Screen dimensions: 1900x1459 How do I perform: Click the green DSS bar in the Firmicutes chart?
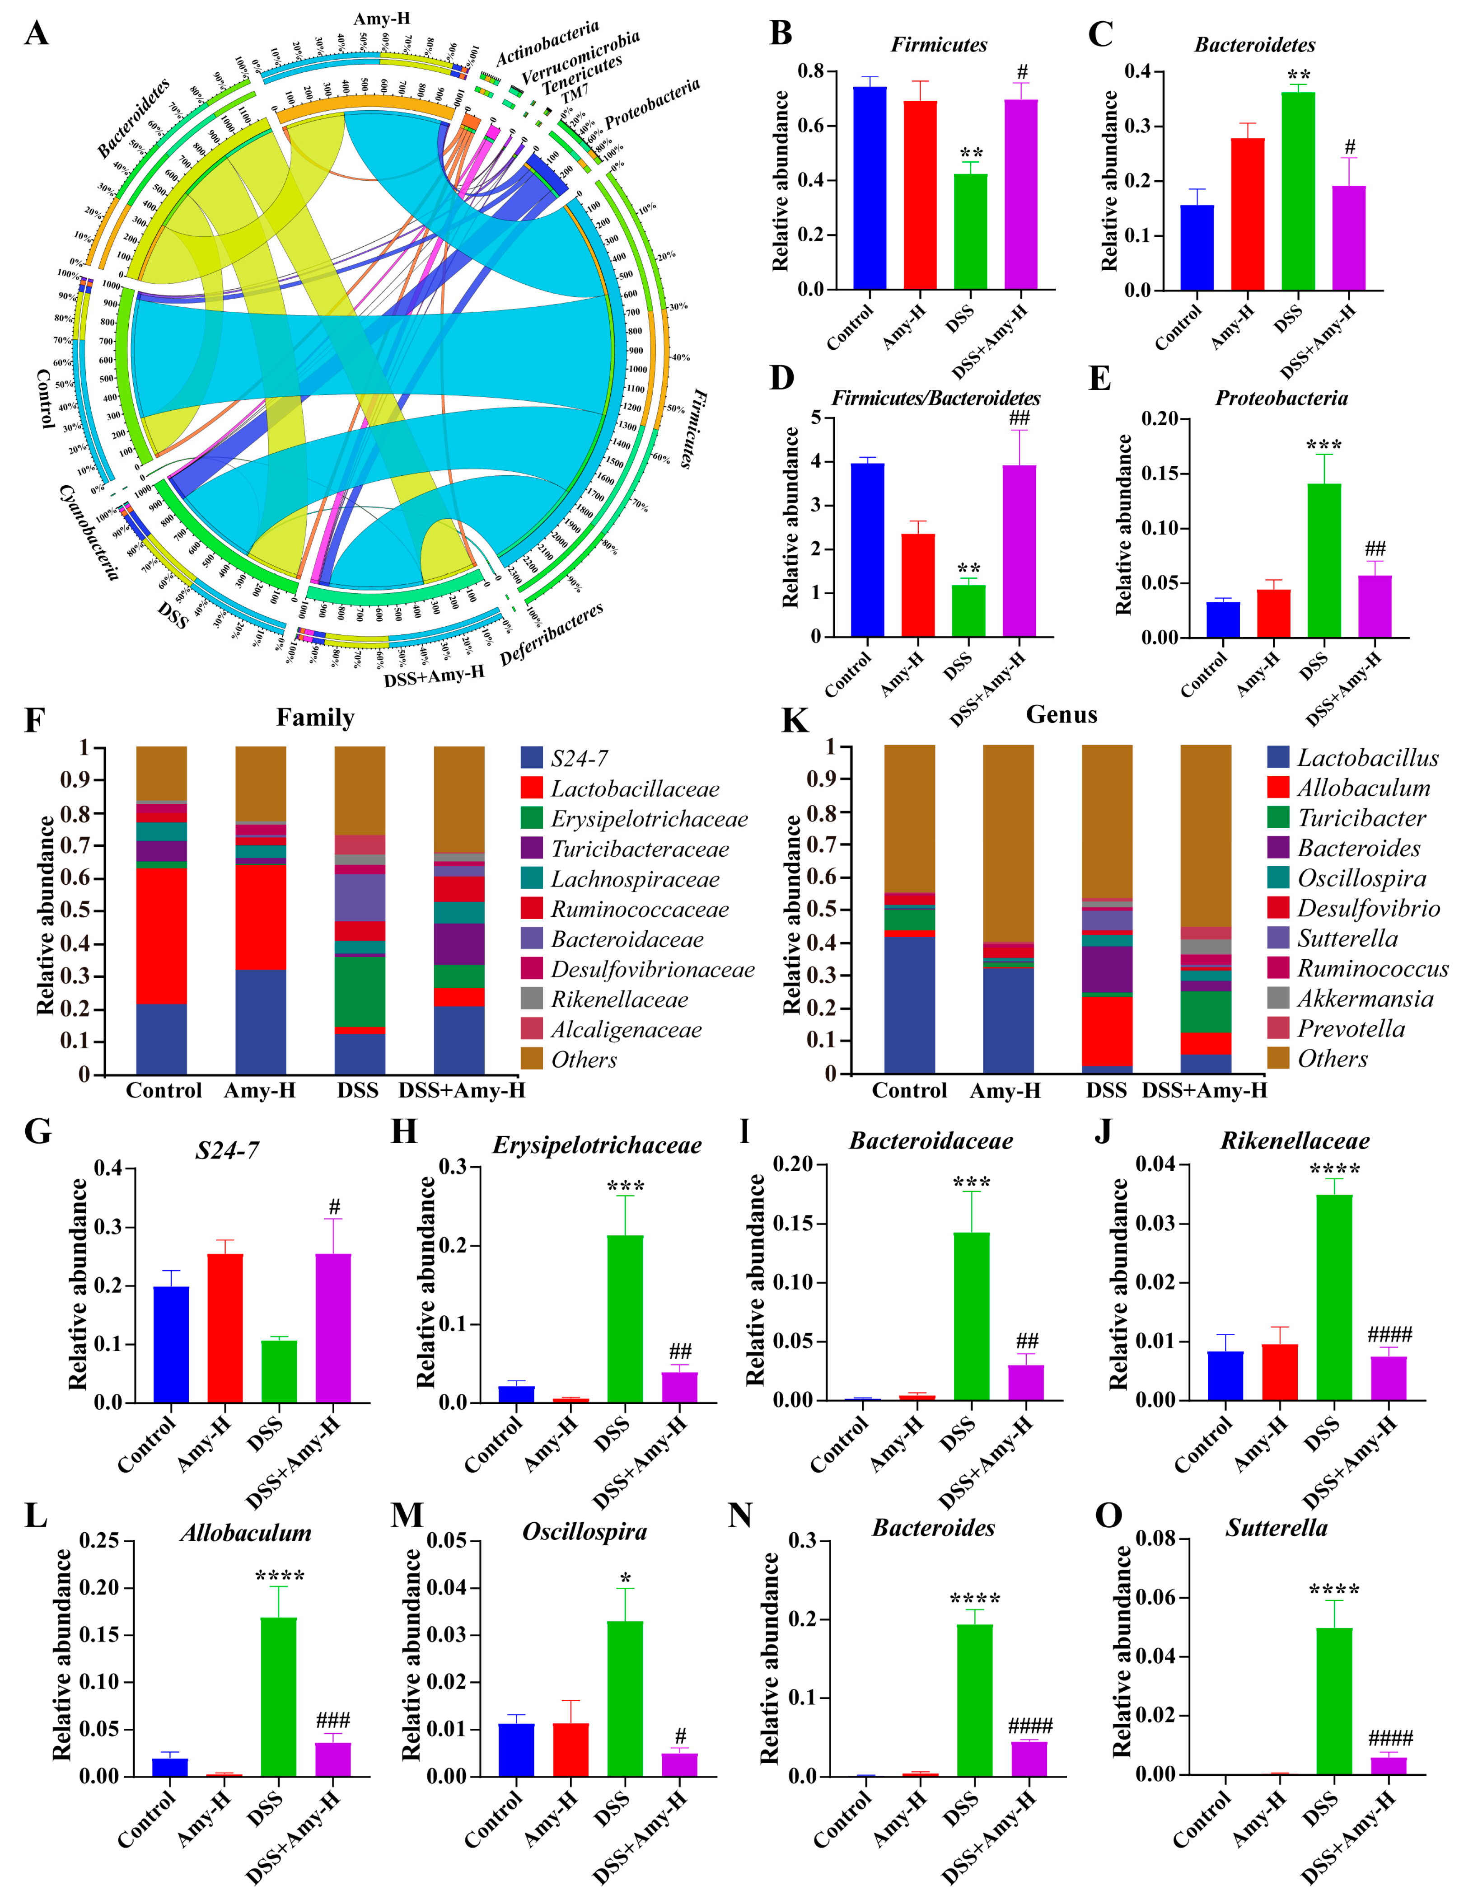click(970, 231)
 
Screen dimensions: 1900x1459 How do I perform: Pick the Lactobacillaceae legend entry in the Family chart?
click(634, 789)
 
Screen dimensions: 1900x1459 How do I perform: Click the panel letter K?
click(795, 721)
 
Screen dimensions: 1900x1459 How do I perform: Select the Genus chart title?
click(1061, 714)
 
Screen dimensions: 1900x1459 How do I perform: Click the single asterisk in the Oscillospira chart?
click(625, 1579)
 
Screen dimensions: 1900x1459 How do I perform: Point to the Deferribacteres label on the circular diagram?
click(552, 635)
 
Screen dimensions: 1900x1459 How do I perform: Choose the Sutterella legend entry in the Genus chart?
click(1347, 938)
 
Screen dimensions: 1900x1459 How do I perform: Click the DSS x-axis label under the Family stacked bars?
click(358, 1090)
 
